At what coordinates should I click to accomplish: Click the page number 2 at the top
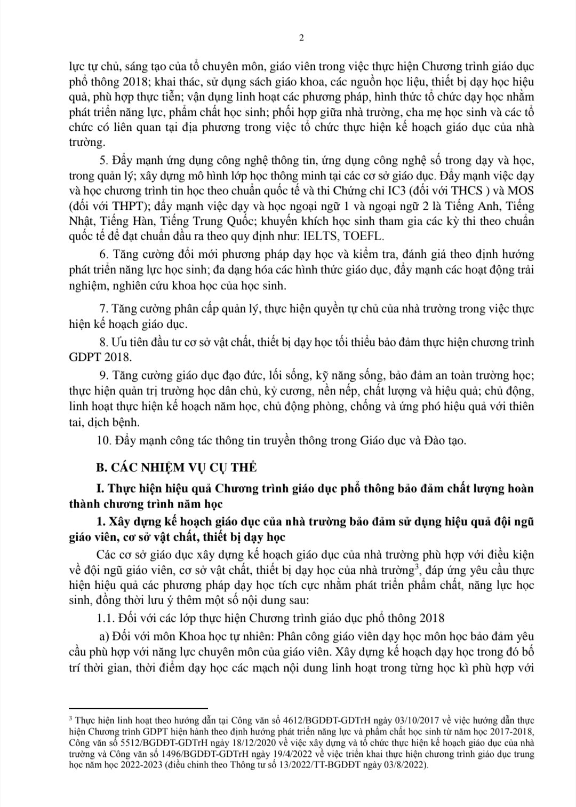point(302,37)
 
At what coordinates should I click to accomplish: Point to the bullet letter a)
point(105,637)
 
